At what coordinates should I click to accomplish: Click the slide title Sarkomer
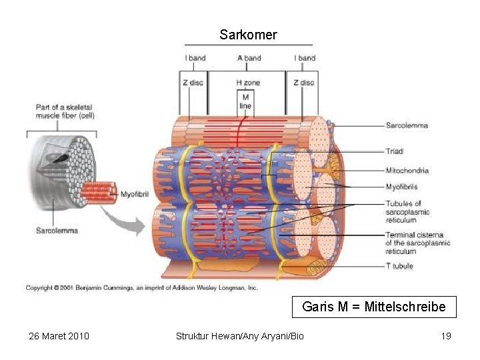(248, 35)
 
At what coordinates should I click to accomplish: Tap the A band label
(249, 58)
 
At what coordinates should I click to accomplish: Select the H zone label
(248, 83)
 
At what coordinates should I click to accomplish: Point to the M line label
(245, 101)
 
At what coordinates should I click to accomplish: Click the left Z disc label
(193, 83)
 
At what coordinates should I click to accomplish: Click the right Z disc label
(303, 83)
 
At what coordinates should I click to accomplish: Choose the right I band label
(305, 58)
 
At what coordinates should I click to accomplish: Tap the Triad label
(395, 151)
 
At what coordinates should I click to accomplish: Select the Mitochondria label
(407, 171)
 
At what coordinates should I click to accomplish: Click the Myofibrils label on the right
(402, 187)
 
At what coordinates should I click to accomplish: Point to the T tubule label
(399, 266)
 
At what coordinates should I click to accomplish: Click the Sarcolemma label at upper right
(407, 125)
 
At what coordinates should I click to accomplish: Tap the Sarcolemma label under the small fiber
(57, 231)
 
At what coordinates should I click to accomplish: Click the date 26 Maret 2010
(59, 335)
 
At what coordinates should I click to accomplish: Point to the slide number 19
(446, 335)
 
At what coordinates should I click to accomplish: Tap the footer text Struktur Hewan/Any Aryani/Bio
(239, 335)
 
